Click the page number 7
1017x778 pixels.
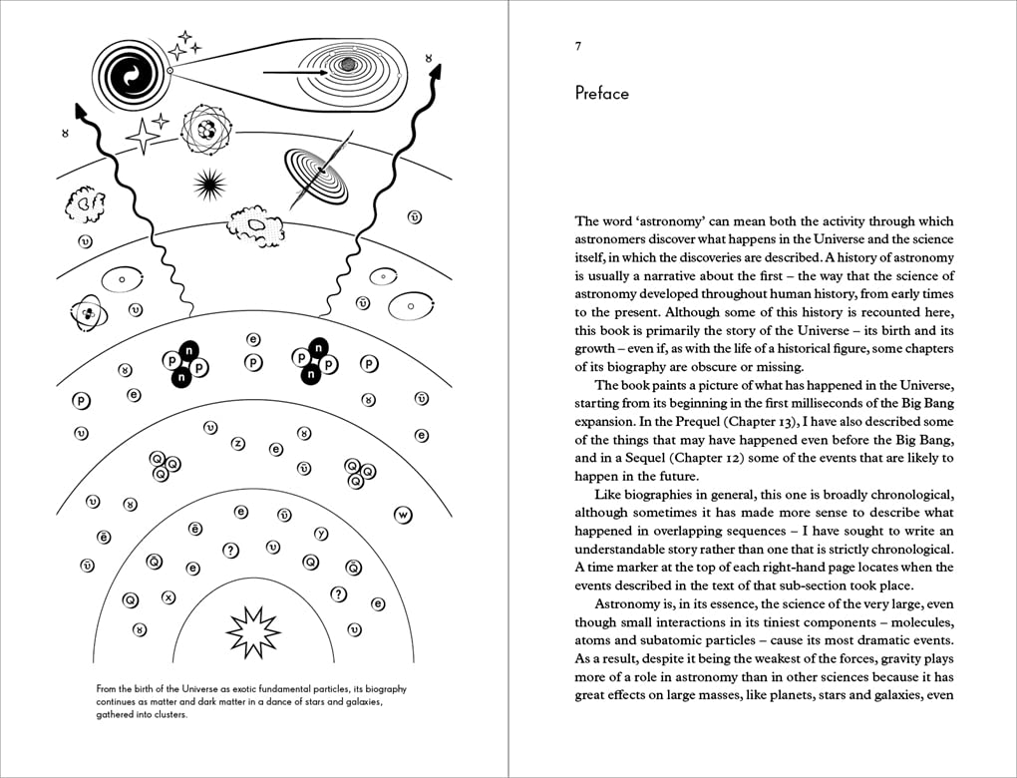click(x=578, y=46)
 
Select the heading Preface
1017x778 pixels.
click(x=601, y=94)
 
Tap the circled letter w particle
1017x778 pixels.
click(x=403, y=515)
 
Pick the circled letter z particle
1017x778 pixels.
click(x=237, y=443)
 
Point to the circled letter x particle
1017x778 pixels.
click(x=168, y=597)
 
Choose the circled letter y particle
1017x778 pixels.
click(x=321, y=533)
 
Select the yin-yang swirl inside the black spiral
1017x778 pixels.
click(x=131, y=73)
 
